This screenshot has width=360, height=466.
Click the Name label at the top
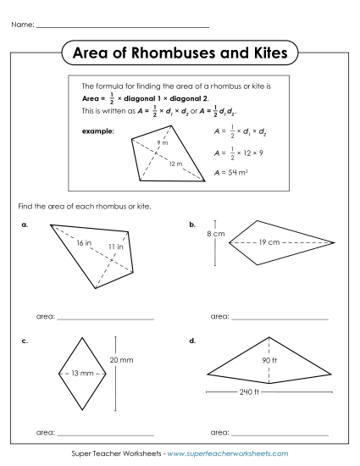(x=23, y=25)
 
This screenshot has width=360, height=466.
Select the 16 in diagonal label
(x=83, y=243)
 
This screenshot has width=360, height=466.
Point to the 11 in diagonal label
(x=115, y=246)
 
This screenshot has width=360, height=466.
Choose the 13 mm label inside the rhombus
(x=82, y=374)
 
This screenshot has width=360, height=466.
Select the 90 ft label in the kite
(x=269, y=359)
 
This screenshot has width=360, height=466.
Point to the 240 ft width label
(x=249, y=391)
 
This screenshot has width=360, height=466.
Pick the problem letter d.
(x=193, y=341)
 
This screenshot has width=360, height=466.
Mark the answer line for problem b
(x=279, y=318)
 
